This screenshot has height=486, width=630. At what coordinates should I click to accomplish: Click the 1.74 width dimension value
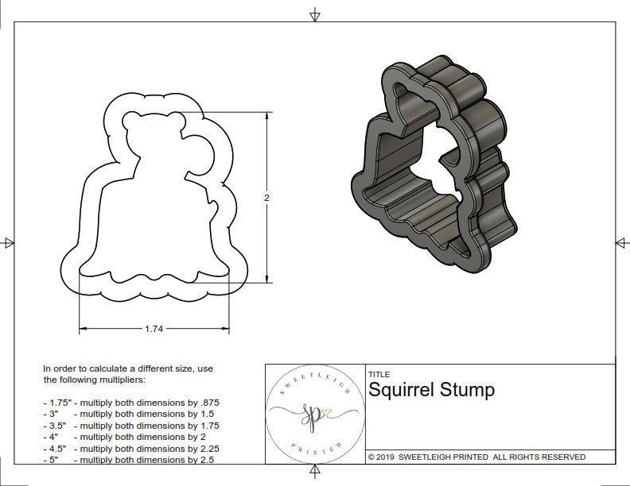pyautogui.click(x=154, y=329)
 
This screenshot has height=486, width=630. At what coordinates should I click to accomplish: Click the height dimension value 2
pyautogui.click(x=266, y=198)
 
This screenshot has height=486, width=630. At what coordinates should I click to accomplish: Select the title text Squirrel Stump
pyautogui.click(x=431, y=390)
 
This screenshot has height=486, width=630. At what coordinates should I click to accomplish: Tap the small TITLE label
pyautogui.click(x=379, y=374)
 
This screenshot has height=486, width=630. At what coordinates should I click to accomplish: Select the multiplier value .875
pyautogui.click(x=206, y=403)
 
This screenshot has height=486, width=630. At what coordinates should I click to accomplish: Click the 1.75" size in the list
pyautogui.click(x=56, y=403)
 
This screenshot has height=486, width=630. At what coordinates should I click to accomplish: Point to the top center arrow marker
pyautogui.click(x=315, y=14)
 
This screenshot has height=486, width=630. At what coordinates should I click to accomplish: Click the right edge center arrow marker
pyautogui.click(x=621, y=242)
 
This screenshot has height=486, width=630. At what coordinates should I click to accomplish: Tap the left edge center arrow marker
pyautogui.click(x=8, y=242)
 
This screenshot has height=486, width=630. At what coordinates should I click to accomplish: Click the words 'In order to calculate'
pyautogui.click(x=87, y=368)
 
